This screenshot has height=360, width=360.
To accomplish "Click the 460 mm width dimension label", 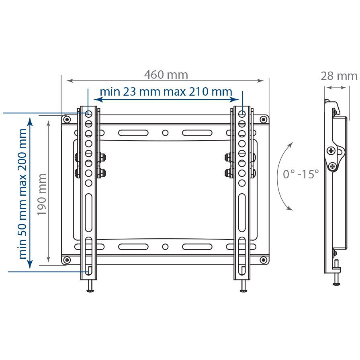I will coord(166,75).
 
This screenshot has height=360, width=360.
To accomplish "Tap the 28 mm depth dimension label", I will coord(339,76).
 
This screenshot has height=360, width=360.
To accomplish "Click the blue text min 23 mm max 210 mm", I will coord(166,91).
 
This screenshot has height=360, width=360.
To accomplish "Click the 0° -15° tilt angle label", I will coord(301,174).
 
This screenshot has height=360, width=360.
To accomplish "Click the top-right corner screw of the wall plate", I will coord(263,119).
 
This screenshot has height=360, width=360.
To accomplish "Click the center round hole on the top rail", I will coord(165,133).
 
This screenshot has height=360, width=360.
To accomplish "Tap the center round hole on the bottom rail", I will coord(165,246).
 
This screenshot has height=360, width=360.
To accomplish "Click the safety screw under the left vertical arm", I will coord(89,287).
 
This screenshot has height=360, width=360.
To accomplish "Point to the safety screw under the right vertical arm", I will coord(243,287).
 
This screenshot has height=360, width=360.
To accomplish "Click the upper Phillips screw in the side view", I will coord(331,151).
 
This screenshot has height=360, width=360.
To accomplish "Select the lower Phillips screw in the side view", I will coord(332,166).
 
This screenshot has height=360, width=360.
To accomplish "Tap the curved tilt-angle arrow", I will coord(284,176).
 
